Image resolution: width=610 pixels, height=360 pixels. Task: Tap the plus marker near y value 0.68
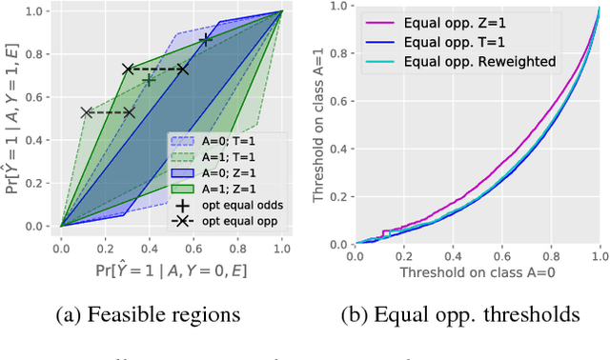pyautogui.click(x=148, y=80)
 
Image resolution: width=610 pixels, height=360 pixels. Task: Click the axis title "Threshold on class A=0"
pyautogui.click(x=478, y=270)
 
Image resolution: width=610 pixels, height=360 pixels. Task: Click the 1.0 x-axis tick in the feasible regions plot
pyautogui.click(x=282, y=244)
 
